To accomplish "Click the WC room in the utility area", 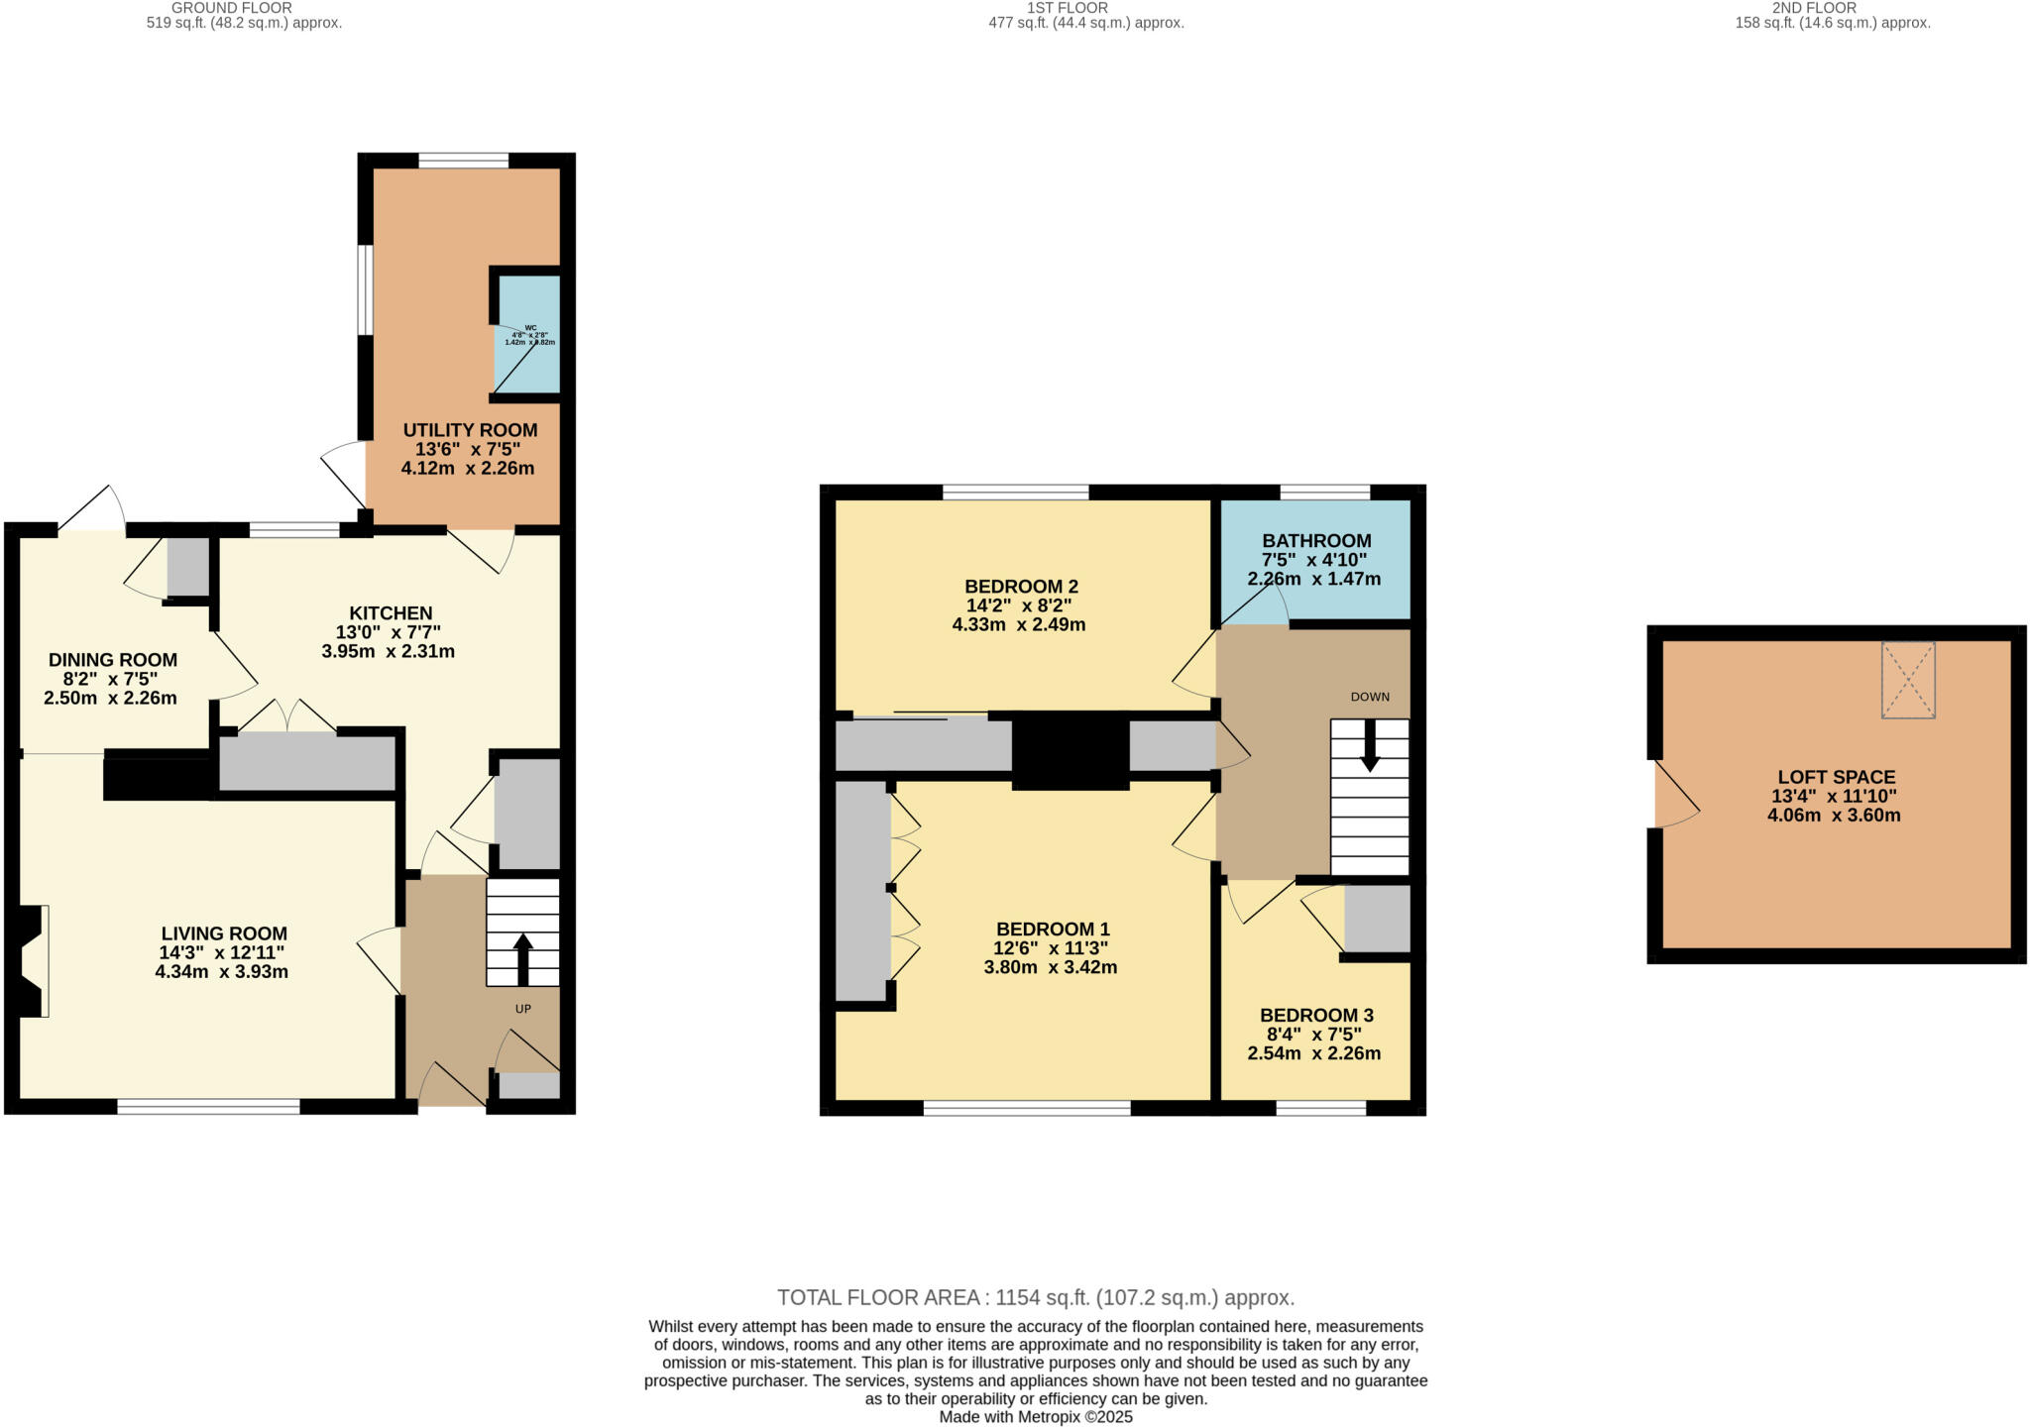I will (x=528, y=335).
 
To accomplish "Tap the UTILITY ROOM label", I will (x=470, y=430).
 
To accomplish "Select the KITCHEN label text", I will (x=391, y=613).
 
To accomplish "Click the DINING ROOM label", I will (x=113, y=660).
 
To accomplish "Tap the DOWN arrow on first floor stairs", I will (x=1370, y=745).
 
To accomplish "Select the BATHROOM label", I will (x=1316, y=541).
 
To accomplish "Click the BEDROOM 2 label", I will (x=1021, y=586).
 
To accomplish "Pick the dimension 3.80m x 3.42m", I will (x=1051, y=968).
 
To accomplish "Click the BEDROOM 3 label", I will (x=1316, y=1015).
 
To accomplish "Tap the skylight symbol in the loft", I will (x=1908, y=680).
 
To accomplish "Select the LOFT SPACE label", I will (x=1837, y=778).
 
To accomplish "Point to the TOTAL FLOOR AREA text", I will (x=1036, y=1297).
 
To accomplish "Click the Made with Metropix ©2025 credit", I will (x=1036, y=1417).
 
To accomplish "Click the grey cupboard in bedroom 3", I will (x=1377, y=918).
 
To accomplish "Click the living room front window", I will (x=208, y=1107).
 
